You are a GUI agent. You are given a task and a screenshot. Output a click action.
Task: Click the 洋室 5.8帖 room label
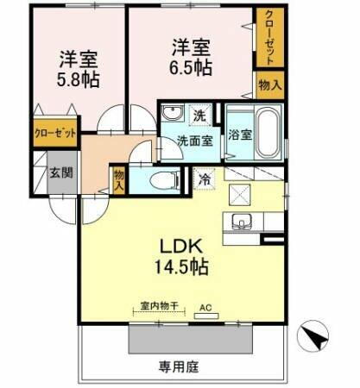coord(78,70)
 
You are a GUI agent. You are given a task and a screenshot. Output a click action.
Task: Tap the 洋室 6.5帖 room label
coord(191,58)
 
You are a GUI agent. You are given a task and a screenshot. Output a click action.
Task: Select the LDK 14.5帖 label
coord(180,253)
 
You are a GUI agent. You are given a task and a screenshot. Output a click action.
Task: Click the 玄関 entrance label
coord(60,172)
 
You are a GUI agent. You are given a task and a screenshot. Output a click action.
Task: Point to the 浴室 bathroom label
coord(239,135)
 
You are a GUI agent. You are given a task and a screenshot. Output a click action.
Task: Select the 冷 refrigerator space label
coord(205,179)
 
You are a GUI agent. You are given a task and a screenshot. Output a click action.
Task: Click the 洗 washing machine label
coord(199,116)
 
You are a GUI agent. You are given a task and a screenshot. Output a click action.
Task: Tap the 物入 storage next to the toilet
coord(119,178)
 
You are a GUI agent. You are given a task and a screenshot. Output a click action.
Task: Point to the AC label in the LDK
coord(205,306)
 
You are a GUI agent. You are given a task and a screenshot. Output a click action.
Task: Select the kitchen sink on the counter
coord(238,220)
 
